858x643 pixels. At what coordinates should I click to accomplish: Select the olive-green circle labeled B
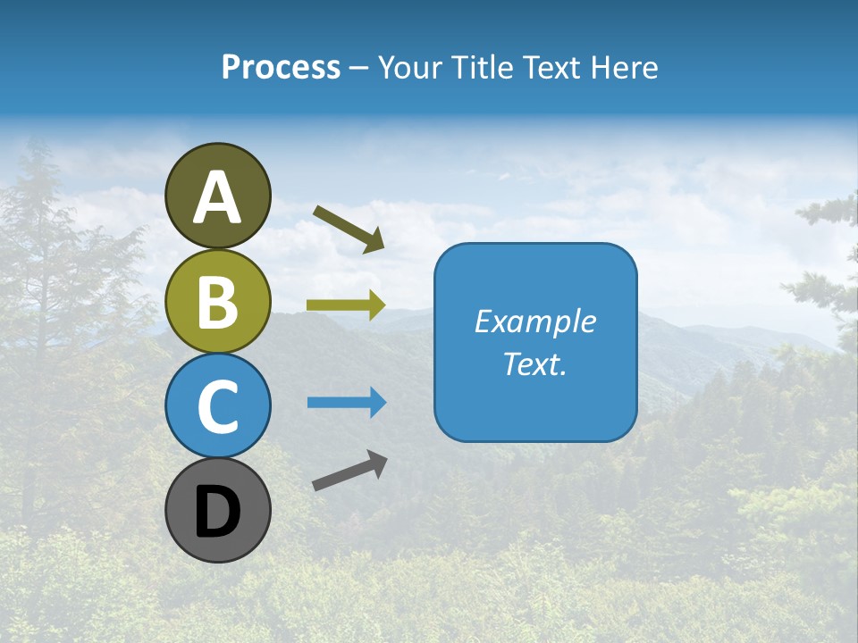217,302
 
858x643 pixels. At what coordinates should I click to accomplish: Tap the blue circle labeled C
217,406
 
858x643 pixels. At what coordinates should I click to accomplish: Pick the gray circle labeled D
217,511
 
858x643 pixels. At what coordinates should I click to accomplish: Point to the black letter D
217,513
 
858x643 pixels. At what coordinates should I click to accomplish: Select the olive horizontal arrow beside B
345,305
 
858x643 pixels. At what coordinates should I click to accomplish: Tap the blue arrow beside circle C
345,403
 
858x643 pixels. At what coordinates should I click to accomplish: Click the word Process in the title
281,68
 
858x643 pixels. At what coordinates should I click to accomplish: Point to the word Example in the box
534,321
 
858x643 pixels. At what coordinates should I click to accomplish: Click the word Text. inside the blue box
534,363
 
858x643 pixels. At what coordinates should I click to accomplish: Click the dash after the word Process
358,68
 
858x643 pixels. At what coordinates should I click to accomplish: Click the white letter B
217,303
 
